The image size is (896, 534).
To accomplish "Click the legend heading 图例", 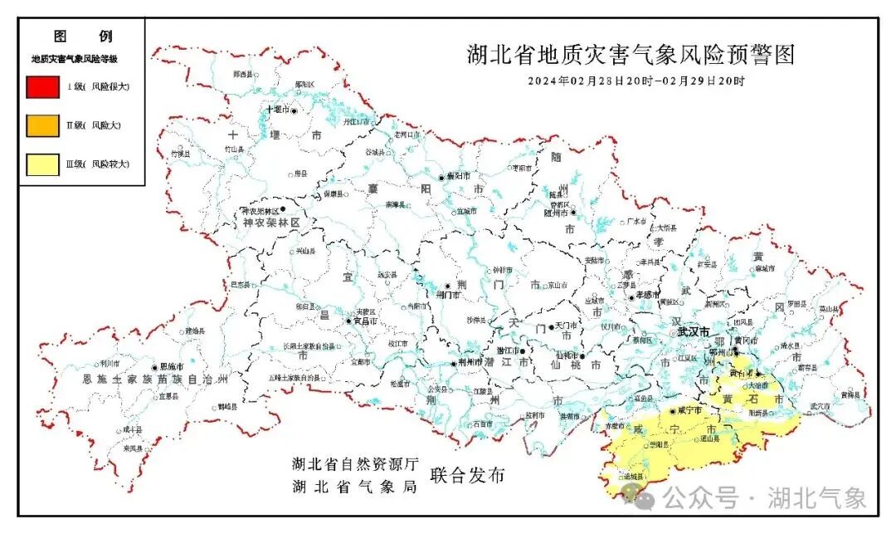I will (x=82, y=37).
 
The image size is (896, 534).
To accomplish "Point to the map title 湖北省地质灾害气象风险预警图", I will (x=631, y=56).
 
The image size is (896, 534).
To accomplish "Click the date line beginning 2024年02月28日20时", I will (x=636, y=81).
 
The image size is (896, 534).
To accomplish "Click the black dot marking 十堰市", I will (x=293, y=110).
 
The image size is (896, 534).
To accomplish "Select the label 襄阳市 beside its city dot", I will (x=459, y=177).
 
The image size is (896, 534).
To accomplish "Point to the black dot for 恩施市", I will (x=154, y=367).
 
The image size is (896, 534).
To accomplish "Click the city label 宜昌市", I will (x=366, y=321).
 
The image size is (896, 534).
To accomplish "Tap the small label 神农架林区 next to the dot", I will (x=260, y=212).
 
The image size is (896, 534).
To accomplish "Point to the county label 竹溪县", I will (x=181, y=154).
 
